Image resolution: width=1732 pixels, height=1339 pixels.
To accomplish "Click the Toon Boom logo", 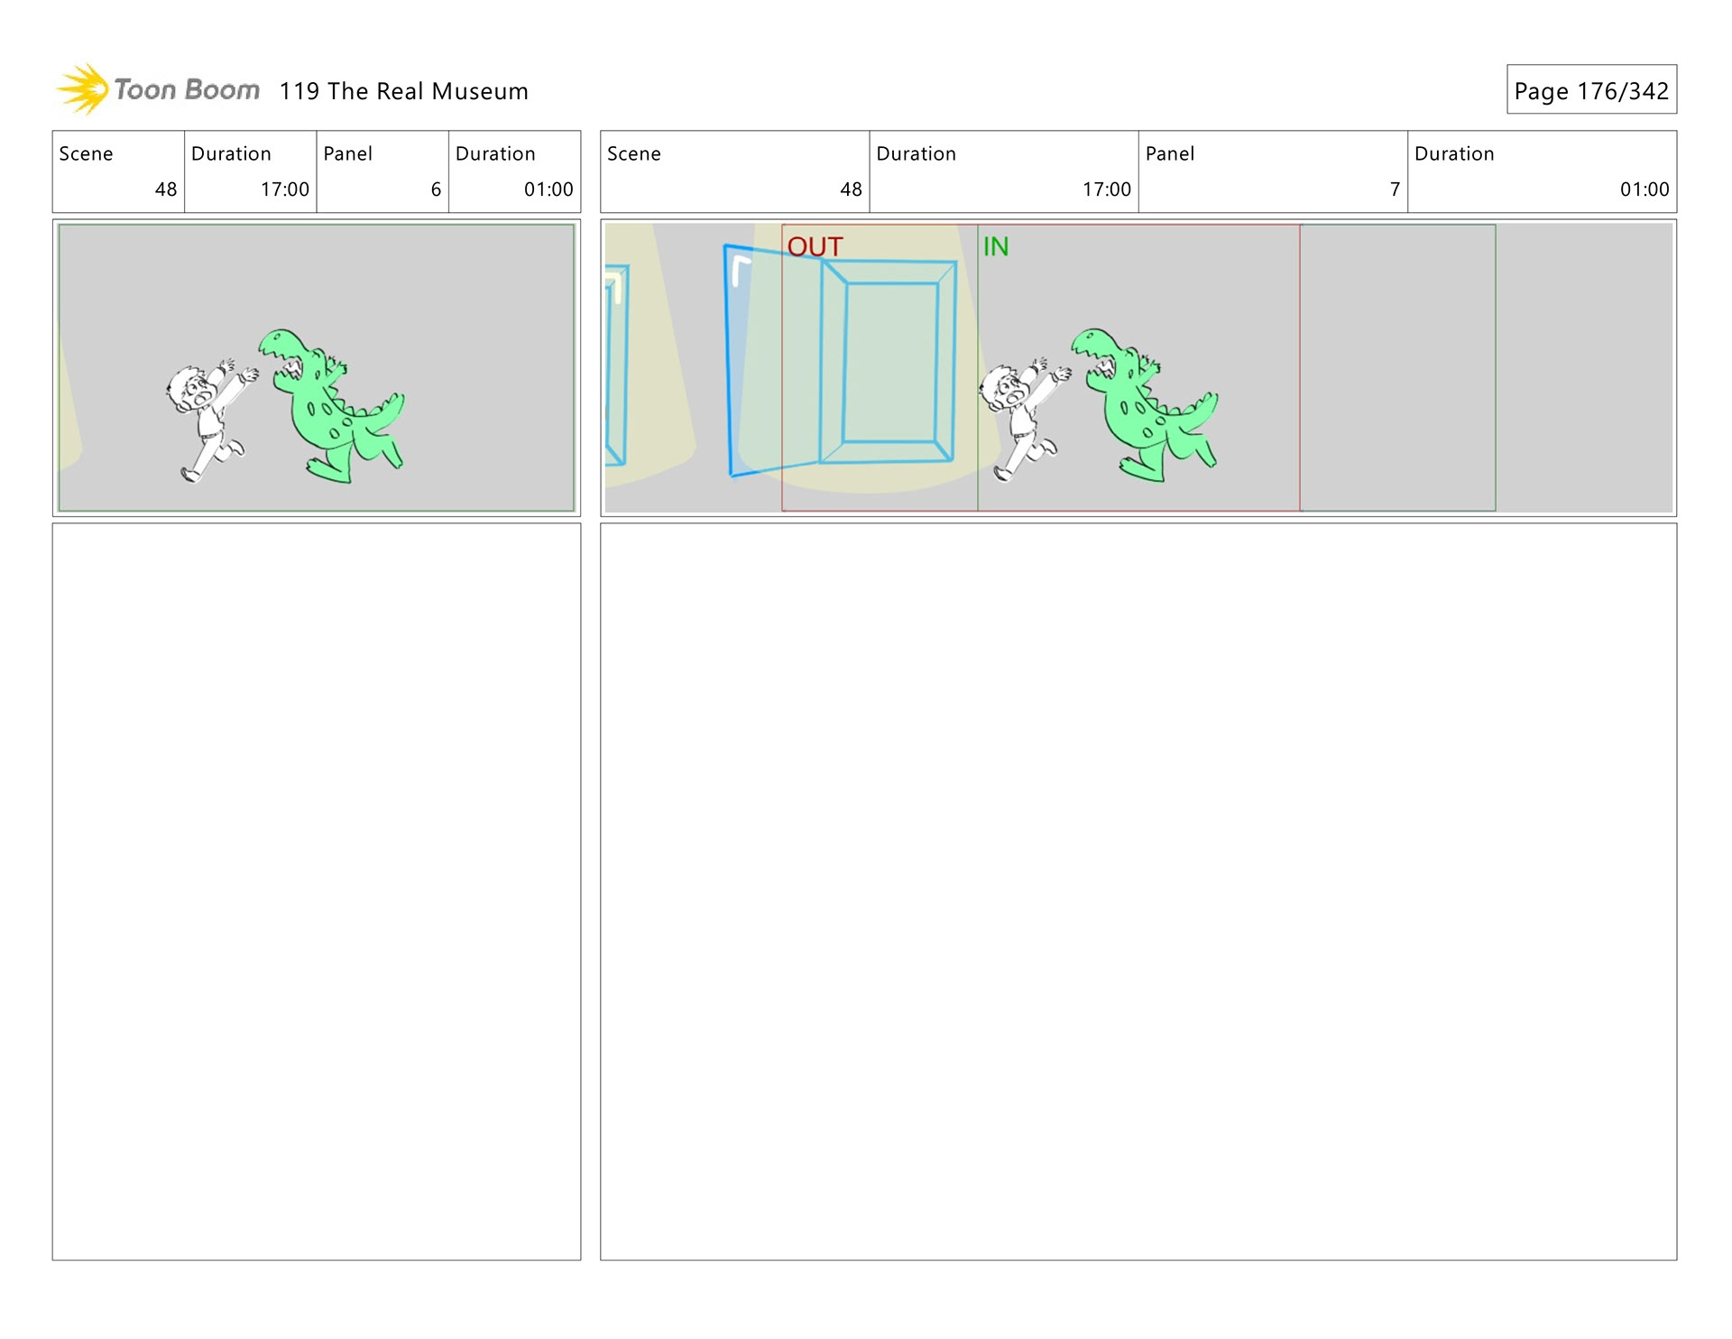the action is pyautogui.click(x=158, y=89).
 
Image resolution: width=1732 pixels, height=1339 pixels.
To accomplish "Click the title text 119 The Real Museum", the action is pyautogui.click(x=403, y=91).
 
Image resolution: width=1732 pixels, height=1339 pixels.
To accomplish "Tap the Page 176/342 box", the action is pyautogui.click(x=1591, y=89).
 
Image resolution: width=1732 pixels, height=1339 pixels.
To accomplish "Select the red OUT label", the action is pyautogui.click(x=815, y=246).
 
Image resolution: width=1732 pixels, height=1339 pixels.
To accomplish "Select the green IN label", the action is pyautogui.click(x=996, y=246).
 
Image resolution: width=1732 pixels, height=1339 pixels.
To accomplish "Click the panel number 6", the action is pyautogui.click(x=436, y=189).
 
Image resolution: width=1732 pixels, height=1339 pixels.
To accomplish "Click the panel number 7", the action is pyautogui.click(x=1395, y=189).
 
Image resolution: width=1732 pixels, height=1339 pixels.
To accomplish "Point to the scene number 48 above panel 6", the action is pyautogui.click(x=166, y=189).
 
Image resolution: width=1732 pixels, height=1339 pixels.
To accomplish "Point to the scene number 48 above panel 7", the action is pyautogui.click(x=851, y=189).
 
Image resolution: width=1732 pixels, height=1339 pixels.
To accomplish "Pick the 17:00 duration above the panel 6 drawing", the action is pyautogui.click(x=285, y=189).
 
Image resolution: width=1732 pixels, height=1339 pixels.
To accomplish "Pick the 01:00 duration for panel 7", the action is pyautogui.click(x=1644, y=189).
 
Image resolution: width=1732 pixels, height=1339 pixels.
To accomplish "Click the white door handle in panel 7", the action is pyautogui.click(x=740, y=270).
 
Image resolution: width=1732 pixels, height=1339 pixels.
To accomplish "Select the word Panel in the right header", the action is pyautogui.click(x=1170, y=154).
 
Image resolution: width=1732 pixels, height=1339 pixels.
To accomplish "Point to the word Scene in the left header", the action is pyautogui.click(x=86, y=154).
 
